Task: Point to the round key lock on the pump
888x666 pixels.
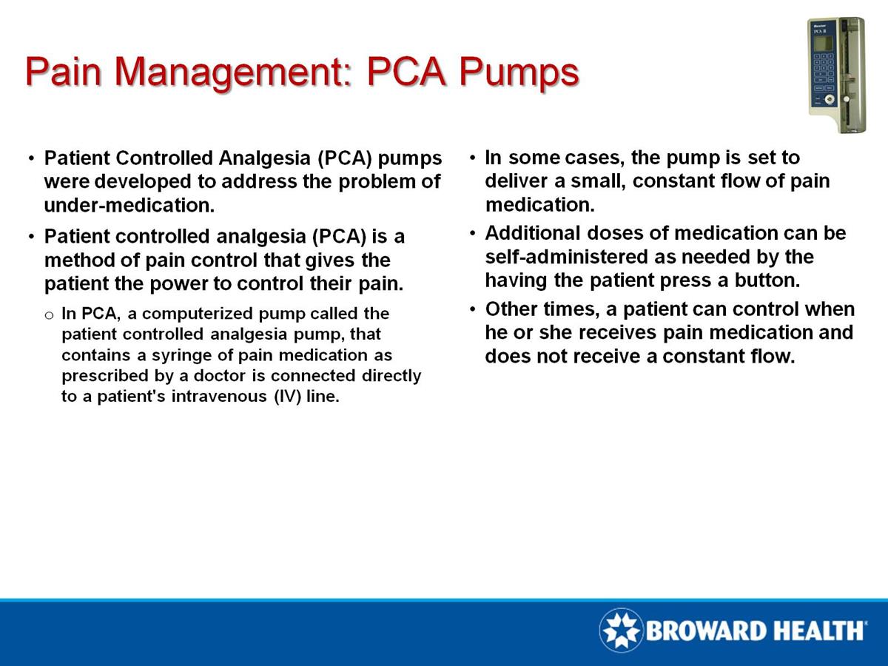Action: (x=830, y=98)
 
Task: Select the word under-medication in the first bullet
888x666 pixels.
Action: (x=129, y=205)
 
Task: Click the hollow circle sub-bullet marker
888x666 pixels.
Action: (x=49, y=314)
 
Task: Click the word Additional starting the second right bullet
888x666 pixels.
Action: (x=531, y=233)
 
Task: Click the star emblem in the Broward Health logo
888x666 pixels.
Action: (x=621, y=630)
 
